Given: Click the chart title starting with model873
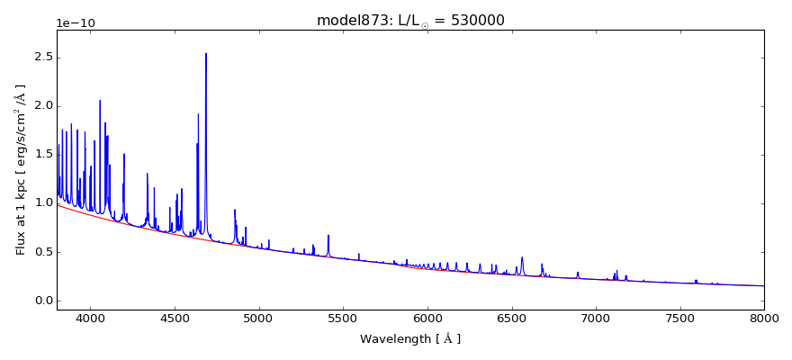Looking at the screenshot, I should (x=410, y=21).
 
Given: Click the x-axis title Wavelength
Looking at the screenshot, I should (x=410, y=339).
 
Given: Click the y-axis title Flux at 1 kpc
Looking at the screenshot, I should (x=21, y=169).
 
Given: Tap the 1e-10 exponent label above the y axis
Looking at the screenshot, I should (x=76, y=23).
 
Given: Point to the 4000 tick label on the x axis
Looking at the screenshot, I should (x=90, y=319).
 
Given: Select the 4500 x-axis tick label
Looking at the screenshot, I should (x=175, y=319).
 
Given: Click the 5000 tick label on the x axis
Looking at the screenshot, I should (x=259, y=319).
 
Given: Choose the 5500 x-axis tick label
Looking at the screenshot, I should (x=343, y=319).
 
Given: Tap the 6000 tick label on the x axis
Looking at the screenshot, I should (x=427, y=319).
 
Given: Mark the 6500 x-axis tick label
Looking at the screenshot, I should (x=511, y=319).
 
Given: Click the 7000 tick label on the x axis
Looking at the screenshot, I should (x=596, y=319).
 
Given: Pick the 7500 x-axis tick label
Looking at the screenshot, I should (x=679, y=319).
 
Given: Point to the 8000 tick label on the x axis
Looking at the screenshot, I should (x=764, y=319).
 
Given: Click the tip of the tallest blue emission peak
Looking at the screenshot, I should (x=206, y=54).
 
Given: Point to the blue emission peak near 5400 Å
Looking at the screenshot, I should (x=328, y=236).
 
